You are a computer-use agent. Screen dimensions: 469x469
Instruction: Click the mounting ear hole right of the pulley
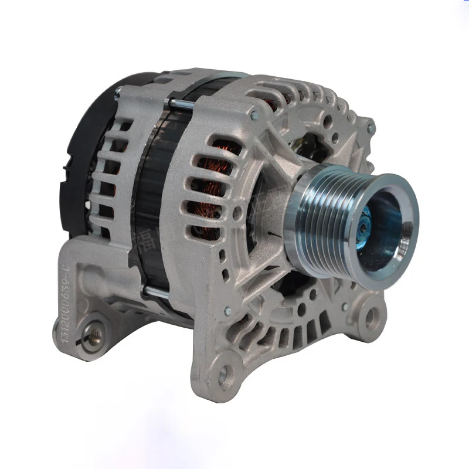[371, 318]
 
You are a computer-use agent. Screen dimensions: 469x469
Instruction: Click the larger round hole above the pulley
[327, 123]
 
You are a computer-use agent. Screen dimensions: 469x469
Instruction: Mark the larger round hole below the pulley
[303, 307]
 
